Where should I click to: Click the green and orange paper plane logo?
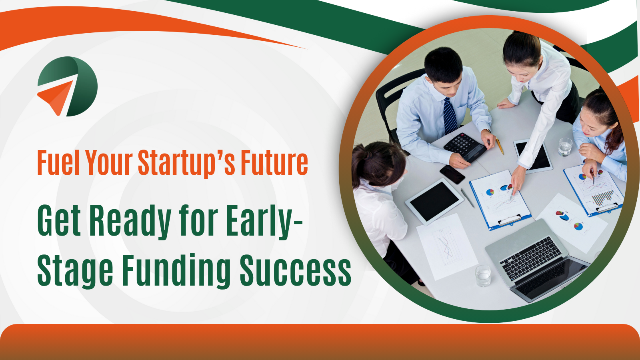[x=68, y=86]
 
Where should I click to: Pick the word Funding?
[x=176, y=270]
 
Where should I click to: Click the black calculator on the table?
[x=465, y=147]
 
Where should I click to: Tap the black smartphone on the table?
[x=452, y=174]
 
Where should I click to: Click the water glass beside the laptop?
[x=483, y=276]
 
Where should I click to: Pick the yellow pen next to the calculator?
[x=500, y=146]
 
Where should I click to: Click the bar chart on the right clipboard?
[x=602, y=198]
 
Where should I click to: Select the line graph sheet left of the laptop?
[x=447, y=247]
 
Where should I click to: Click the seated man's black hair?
[x=443, y=65]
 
